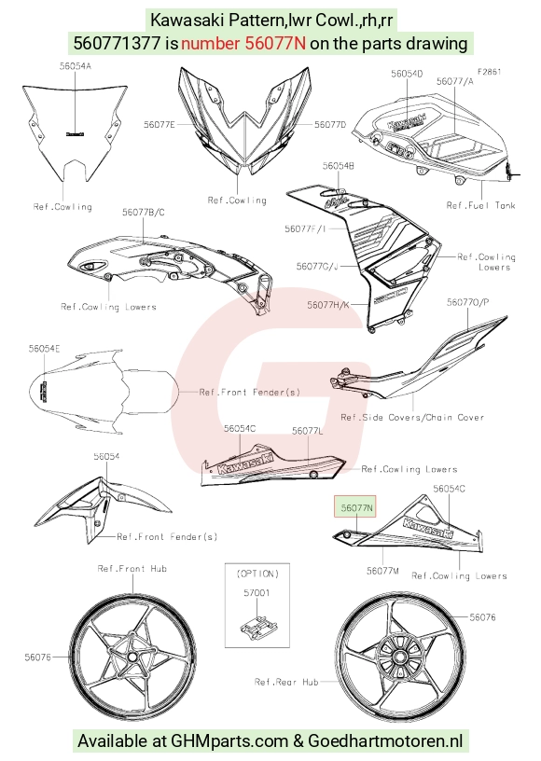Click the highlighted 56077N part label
(x=356, y=507)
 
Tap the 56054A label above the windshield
(x=76, y=66)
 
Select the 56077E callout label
(x=160, y=125)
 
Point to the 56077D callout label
(x=330, y=125)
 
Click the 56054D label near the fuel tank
(x=407, y=74)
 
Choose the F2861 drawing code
(x=489, y=72)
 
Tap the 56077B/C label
(x=143, y=212)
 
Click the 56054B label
(x=339, y=166)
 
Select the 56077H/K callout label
(x=328, y=305)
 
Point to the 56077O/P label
(x=467, y=302)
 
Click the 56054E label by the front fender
(x=44, y=349)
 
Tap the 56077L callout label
(x=308, y=431)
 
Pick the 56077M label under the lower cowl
(x=382, y=571)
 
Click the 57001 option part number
(x=257, y=592)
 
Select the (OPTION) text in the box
(x=257, y=574)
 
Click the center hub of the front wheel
(x=132, y=657)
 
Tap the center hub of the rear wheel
(x=400, y=657)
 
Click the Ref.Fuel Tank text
(x=480, y=205)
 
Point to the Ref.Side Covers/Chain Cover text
(x=412, y=417)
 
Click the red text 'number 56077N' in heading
(x=243, y=43)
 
